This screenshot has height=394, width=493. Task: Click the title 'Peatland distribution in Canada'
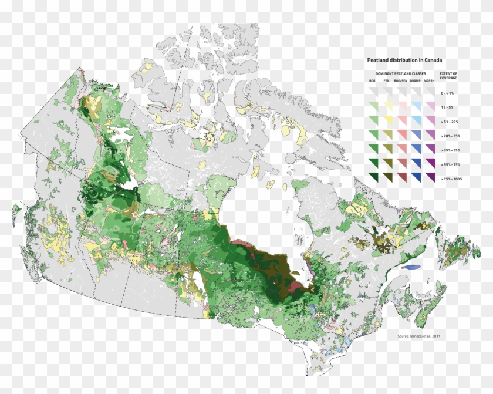(404, 60)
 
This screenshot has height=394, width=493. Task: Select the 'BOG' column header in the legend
(372, 80)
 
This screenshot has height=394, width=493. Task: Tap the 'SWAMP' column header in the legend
(415, 80)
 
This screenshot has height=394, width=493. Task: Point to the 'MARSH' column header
(429, 80)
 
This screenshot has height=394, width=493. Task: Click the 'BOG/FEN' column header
(400, 80)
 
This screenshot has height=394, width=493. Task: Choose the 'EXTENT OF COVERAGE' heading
(448, 76)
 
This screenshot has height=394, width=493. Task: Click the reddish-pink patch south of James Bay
(292, 286)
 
